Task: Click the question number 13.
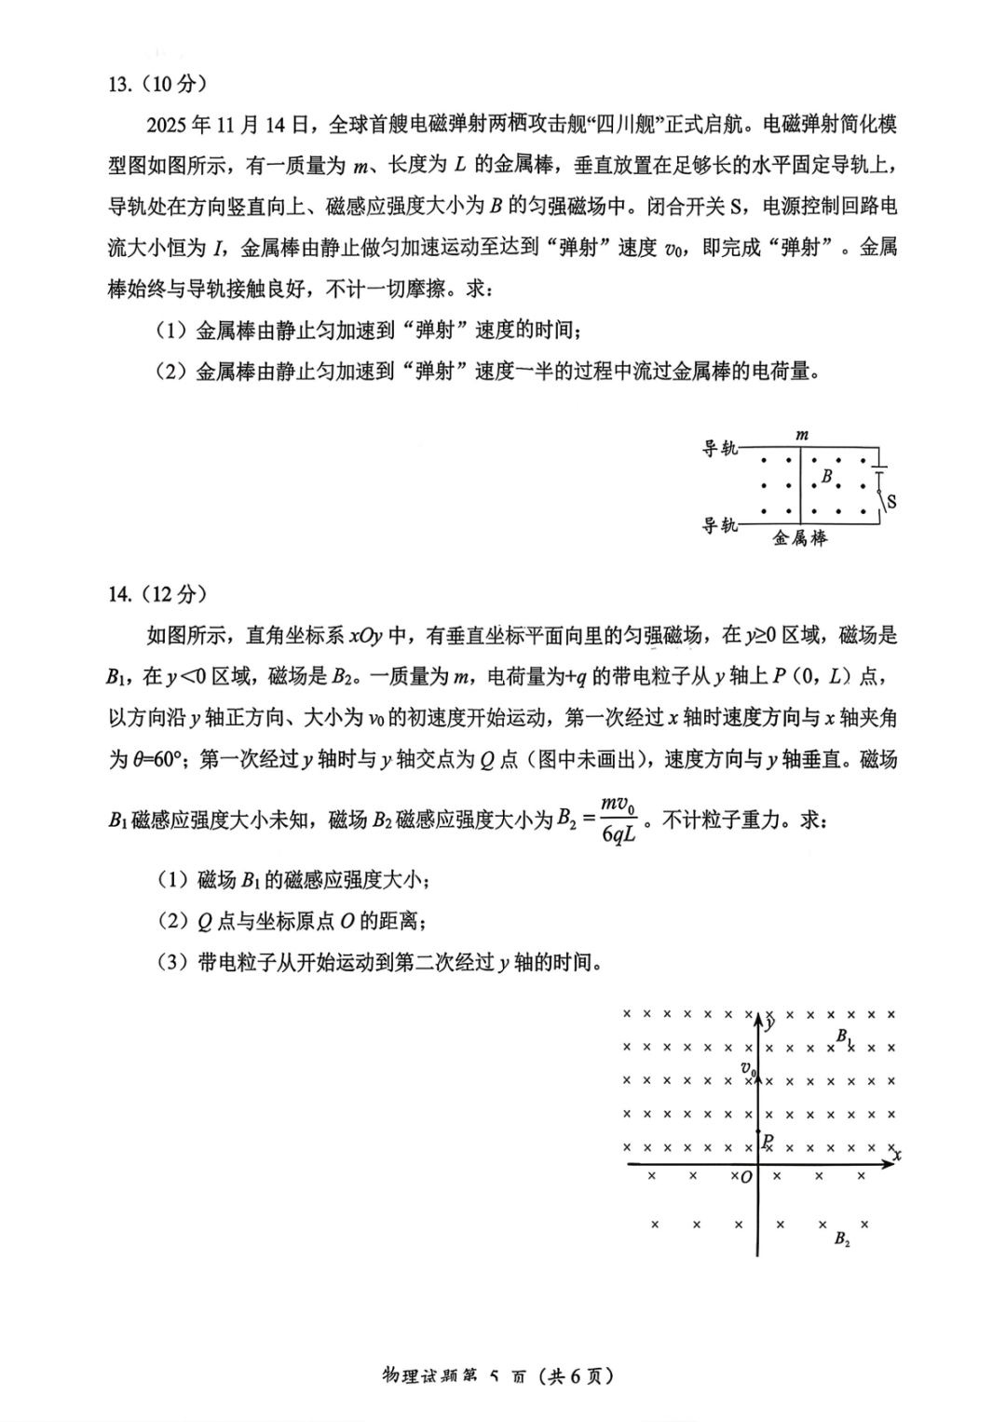point(118,84)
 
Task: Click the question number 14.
point(118,594)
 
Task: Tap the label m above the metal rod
point(802,435)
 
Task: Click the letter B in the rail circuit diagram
point(826,477)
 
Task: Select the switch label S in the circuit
point(891,502)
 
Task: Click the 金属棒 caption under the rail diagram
point(800,538)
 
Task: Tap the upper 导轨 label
point(719,449)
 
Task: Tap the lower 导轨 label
point(719,526)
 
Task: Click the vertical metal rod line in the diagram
point(800,484)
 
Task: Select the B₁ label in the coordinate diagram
point(843,1036)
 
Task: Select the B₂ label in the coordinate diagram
point(842,1239)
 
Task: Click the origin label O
point(745,1178)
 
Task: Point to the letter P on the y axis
point(767,1141)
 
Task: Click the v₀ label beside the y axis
point(747,1069)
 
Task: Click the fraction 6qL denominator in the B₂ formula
point(619,835)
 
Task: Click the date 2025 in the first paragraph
point(169,125)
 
